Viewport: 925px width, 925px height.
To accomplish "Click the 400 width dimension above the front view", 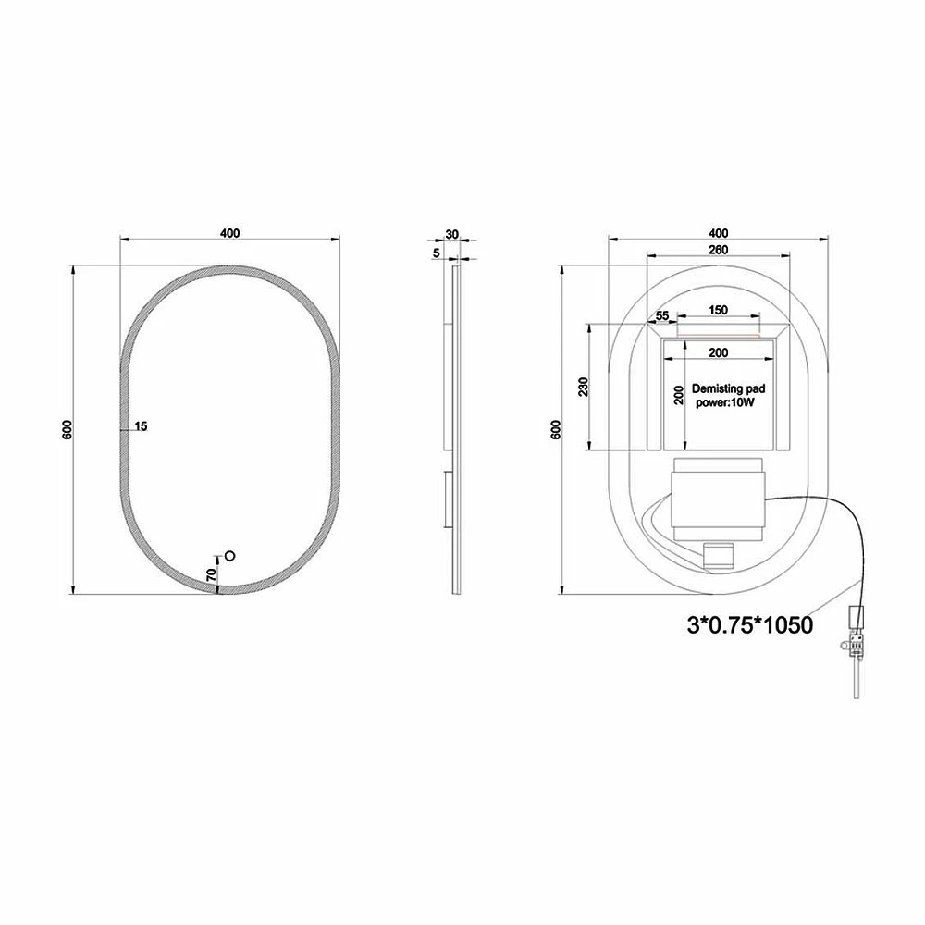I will [x=230, y=233].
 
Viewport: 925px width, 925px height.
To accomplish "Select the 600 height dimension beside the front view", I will [x=67, y=431].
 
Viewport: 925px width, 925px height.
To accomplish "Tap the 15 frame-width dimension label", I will [x=141, y=426].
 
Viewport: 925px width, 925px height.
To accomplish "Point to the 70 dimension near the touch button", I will [x=212, y=574].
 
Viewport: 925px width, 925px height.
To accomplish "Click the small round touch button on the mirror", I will [x=230, y=556].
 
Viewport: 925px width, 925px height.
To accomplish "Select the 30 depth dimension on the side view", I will [x=451, y=235].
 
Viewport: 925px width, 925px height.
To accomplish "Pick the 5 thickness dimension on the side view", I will [x=437, y=252].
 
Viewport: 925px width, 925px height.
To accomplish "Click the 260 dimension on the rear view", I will [x=719, y=250].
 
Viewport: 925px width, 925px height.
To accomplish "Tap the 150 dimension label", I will [x=719, y=311].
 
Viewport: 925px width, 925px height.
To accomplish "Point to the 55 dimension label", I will [x=662, y=316].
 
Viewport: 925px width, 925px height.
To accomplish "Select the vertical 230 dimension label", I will [x=582, y=387].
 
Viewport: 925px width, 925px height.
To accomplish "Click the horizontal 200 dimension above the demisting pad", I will [x=719, y=352].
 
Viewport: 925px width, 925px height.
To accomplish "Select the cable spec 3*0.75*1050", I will [x=749, y=625].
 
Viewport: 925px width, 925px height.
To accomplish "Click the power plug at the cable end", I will [x=857, y=634].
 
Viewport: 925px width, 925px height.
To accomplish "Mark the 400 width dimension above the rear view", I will [x=718, y=233].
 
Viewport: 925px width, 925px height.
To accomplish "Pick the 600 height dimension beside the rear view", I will [x=555, y=431].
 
